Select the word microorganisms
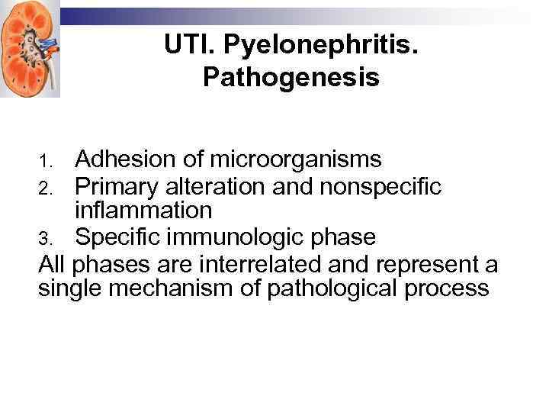coord(296,159)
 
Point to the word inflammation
coord(143,210)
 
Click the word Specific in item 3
coord(118,237)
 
